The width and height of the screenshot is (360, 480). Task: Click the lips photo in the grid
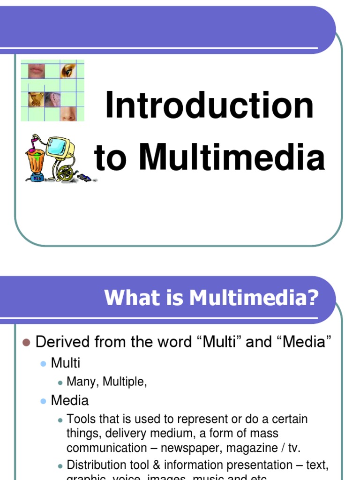point(36,71)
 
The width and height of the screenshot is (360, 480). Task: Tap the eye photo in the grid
point(68,71)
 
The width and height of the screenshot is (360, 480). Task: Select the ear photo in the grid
point(53,99)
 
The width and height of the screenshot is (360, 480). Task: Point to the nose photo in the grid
point(68,113)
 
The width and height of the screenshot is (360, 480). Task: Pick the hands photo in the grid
point(36,99)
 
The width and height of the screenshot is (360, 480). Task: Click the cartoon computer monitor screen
point(59,147)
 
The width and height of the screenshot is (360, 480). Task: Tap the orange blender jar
point(35,161)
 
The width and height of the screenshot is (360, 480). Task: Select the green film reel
point(66,173)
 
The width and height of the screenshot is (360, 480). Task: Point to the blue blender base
point(37,177)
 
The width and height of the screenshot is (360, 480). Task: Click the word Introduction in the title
point(209,106)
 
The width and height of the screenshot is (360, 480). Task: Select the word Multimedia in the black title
point(232,158)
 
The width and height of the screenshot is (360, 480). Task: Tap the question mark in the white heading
point(313,298)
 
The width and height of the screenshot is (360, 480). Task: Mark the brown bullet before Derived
point(26,342)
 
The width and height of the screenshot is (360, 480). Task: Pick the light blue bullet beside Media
point(44,401)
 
